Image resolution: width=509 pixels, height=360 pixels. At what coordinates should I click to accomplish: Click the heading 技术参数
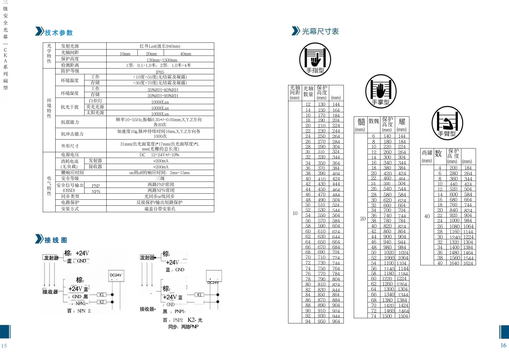click(x=59, y=33)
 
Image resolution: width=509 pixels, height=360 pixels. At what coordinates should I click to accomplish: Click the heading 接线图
click(x=56, y=240)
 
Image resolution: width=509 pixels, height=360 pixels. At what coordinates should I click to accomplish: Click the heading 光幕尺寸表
click(x=320, y=31)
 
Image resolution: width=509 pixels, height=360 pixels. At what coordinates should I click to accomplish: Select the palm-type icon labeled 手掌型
click(x=381, y=91)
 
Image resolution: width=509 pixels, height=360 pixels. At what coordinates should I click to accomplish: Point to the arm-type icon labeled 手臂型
click(x=447, y=123)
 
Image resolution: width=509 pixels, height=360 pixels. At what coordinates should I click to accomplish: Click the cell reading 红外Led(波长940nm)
click(x=160, y=46)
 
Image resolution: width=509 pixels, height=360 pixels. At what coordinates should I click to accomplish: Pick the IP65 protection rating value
click(x=160, y=72)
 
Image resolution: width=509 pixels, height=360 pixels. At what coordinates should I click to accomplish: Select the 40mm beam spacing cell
click(x=186, y=54)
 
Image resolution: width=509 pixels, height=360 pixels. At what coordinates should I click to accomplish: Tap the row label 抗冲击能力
click(x=72, y=134)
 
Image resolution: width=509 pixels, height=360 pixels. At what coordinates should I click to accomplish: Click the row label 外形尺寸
click(x=70, y=146)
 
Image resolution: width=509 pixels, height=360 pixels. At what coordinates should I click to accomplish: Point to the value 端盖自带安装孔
click(x=160, y=209)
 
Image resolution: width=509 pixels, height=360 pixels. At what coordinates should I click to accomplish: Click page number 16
click(x=503, y=345)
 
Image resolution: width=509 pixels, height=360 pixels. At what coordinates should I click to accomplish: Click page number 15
click(x=4, y=346)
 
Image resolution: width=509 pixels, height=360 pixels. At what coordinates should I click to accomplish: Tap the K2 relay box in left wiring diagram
click(x=102, y=302)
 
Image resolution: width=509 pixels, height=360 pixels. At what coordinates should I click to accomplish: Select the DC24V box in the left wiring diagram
click(x=116, y=275)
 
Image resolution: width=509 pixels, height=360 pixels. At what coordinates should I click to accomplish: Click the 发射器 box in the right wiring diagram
click(x=147, y=257)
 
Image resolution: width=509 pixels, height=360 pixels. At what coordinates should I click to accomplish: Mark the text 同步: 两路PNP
click(x=183, y=327)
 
